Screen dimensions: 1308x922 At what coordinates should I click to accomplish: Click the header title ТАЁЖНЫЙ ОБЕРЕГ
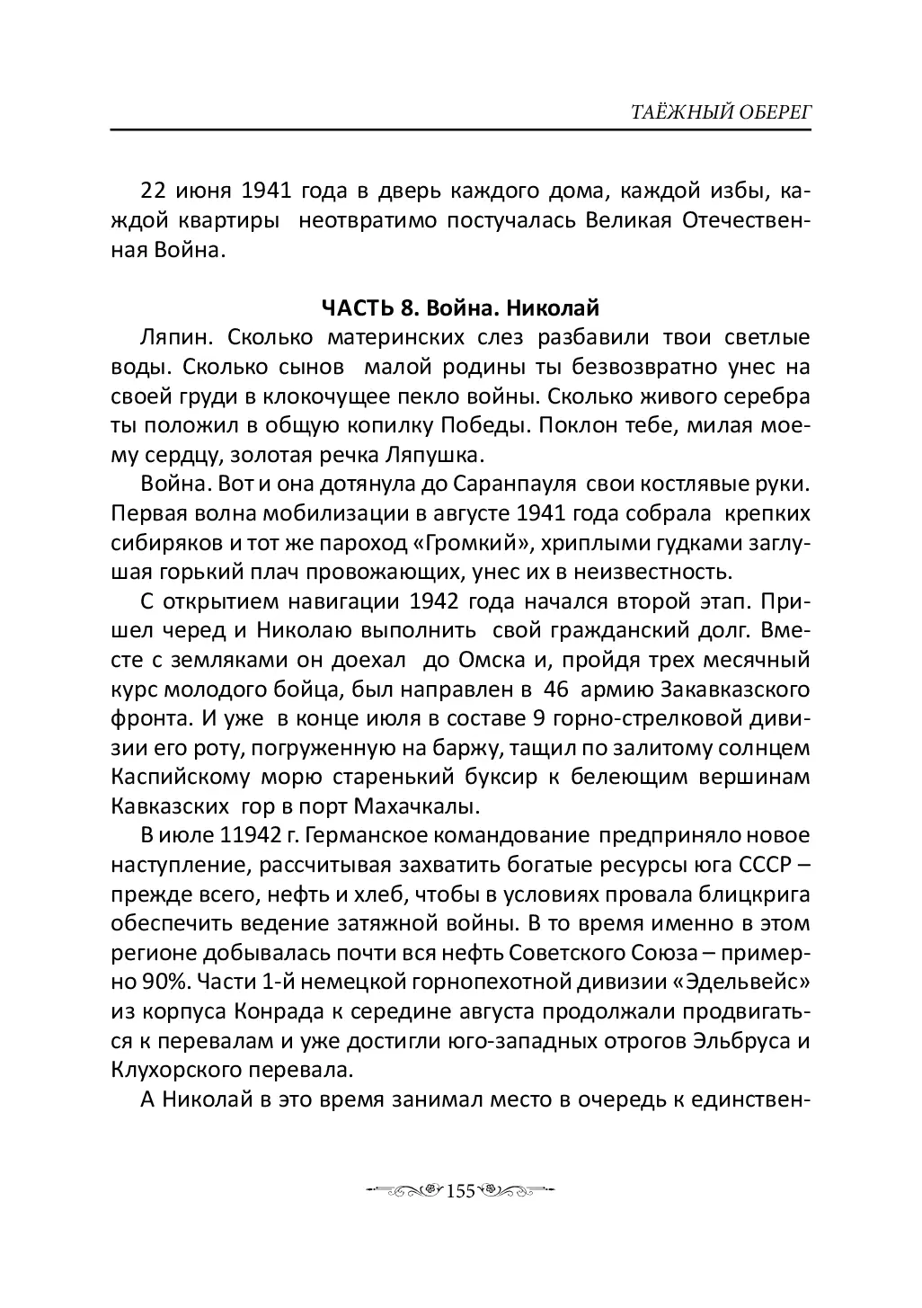[x=708, y=111]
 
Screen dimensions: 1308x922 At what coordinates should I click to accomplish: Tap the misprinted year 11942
[x=249, y=837]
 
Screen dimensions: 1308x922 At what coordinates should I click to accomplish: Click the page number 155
[x=460, y=1191]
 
